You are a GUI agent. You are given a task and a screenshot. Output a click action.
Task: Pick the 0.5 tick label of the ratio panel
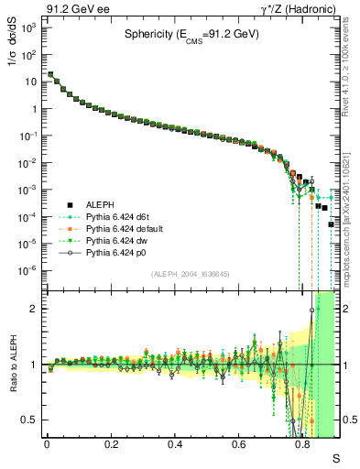(31, 420)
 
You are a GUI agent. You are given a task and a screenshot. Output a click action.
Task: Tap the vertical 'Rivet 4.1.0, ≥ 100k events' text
(349, 73)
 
